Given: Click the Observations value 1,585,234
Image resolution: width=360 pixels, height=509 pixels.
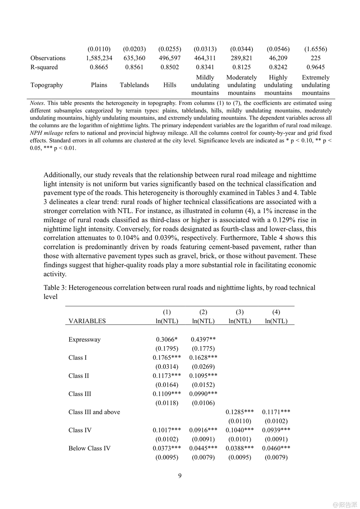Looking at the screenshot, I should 99,58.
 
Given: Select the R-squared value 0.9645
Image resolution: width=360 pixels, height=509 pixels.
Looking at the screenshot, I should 315,67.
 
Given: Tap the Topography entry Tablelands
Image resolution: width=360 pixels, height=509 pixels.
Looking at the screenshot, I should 134,85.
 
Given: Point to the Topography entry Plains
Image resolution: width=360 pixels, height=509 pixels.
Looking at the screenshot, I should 99,85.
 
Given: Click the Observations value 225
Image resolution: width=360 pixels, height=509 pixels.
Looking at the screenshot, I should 315,58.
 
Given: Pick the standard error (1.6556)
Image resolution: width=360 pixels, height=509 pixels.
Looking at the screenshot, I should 315,49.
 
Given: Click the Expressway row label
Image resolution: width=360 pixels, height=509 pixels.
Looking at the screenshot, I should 84,340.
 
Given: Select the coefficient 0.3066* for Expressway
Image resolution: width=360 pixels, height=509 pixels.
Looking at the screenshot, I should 167,339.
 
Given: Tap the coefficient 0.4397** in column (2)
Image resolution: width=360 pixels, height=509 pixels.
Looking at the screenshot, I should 203,339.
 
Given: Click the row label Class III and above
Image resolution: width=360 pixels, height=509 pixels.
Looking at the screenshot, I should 94,412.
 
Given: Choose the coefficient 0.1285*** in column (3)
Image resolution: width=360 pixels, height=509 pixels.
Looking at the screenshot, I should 240,412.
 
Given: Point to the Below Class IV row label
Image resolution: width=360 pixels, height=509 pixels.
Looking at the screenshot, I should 89,448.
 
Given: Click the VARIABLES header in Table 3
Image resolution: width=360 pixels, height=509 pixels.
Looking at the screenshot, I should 87,321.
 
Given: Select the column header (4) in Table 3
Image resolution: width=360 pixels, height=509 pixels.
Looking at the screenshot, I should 276,312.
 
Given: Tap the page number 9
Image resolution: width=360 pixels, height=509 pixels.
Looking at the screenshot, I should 180,476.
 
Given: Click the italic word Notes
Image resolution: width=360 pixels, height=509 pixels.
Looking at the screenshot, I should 37,103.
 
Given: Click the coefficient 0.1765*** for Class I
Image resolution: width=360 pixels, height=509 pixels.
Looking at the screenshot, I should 167,358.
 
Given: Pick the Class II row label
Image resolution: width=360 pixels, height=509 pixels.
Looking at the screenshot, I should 78,376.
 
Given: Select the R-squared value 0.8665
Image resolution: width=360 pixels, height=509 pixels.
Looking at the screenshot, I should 99,67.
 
